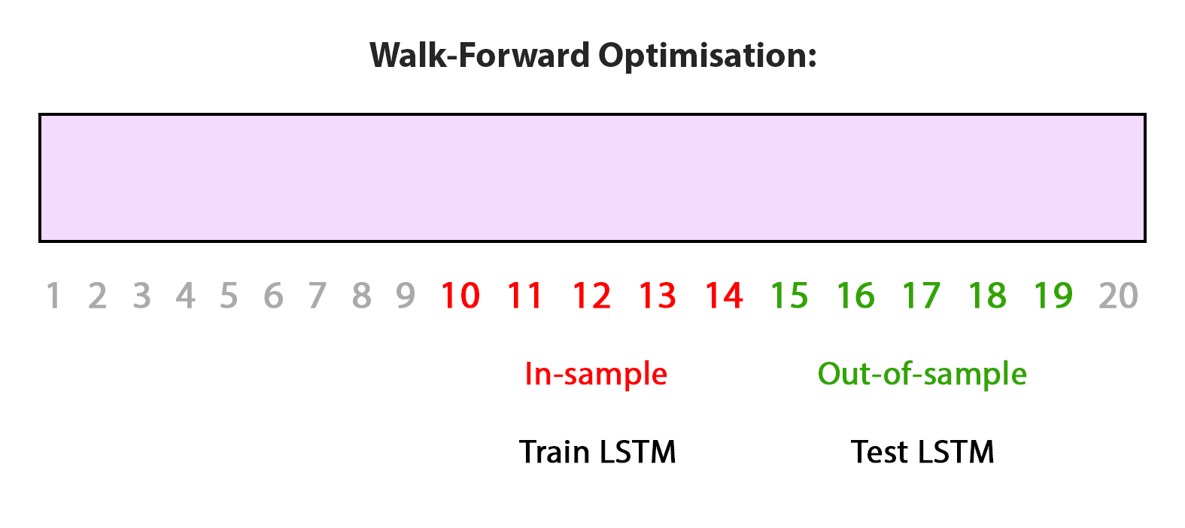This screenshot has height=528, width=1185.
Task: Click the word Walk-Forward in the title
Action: pos(479,55)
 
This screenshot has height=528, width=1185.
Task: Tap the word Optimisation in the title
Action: pos(708,56)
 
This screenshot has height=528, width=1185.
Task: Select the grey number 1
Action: pos(53,296)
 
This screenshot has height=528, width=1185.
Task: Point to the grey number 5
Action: pos(229,296)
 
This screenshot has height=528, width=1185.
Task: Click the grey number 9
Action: pos(406,296)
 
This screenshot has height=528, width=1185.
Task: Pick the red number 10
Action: pos(460,296)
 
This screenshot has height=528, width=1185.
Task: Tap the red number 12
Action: pos(592,296)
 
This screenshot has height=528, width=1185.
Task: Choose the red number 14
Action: pos(725,296)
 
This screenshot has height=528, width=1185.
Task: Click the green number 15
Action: pos(789,296)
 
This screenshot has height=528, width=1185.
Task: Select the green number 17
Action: pos(921,296)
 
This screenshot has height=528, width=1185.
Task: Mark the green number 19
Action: pos(1053,296)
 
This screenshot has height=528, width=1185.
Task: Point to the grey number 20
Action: pos(1118,296)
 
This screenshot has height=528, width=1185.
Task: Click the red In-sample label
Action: pos(596,374)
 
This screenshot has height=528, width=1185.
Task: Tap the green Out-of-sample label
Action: pos(922,374)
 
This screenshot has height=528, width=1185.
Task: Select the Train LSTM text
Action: pos(597,452)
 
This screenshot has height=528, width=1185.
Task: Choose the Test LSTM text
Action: pos(922,452)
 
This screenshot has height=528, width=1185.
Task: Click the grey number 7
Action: pos(318,296)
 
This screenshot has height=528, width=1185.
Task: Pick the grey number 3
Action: pos(141,296)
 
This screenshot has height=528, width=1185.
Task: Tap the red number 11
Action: pos(525,296)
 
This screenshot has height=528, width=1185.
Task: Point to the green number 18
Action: pos(987,296)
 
